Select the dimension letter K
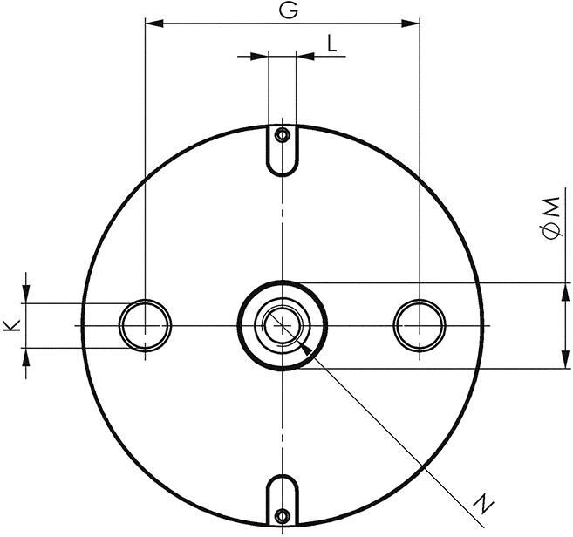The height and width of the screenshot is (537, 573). (10, 325)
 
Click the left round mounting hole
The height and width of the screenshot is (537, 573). (145, 325)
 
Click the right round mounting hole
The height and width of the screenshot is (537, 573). (420, 325)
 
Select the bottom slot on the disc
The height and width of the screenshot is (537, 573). (282, 500)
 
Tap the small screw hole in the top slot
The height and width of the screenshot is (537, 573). (282, 136)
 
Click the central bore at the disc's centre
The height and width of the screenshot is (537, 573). (282, 325)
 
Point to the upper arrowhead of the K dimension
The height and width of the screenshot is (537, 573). (27, 295)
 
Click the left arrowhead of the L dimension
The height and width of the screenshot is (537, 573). (259, 58)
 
